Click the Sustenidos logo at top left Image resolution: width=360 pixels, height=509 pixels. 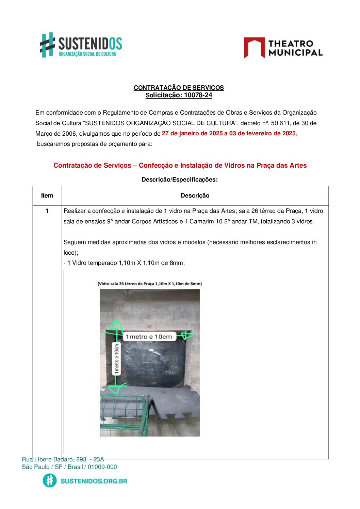click(x=81, y=45)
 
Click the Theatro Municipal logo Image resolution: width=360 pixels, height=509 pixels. click(x=283, y=48)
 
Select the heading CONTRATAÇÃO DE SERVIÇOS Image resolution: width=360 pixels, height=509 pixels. click(x=179, y=88)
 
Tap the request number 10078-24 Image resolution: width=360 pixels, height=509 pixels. click(x=198, y=95)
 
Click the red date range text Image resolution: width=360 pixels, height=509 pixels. click(x=229, y=133)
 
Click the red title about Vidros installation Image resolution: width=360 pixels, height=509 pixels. click(x=180, y=166)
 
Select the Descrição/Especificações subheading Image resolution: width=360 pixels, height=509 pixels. click(x=179, y=180)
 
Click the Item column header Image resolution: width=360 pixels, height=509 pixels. click(x=47, y=196)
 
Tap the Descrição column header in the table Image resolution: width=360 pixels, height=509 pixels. click(x=195, y=196)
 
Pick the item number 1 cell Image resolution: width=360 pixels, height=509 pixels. click(x=47, y=211)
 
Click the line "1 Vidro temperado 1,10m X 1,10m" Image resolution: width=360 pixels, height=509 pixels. click(x=124, y=263)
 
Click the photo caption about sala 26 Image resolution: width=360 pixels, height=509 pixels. click(x=149, y=284)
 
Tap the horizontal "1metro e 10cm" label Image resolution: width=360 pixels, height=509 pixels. click(x=149, y=337)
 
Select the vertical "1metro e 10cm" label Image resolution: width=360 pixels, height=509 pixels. click(x=117, y=359)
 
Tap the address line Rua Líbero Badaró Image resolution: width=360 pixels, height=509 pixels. click(x=63, y=459)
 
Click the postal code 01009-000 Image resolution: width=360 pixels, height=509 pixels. click(x=102, y=467)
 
